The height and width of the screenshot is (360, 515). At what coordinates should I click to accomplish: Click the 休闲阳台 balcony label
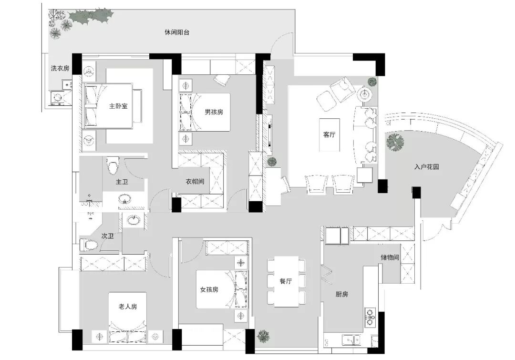tap(177, 32)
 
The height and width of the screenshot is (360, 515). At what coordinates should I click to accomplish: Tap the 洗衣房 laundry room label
tap(60, 68)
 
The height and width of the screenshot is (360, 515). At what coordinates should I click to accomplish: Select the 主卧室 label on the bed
tap(118, 106)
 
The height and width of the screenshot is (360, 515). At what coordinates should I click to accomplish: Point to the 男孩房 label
tap(214, 112)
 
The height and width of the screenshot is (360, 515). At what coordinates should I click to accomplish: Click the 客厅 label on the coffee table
tap(329, 134)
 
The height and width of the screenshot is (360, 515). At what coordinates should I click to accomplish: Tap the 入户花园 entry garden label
tap(427, 167)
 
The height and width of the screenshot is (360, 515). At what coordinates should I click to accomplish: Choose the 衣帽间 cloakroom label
tap(195, 181)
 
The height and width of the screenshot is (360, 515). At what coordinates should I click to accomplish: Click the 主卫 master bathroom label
tap(122, 182)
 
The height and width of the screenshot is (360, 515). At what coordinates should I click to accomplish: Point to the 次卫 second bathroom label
tap(107, 236)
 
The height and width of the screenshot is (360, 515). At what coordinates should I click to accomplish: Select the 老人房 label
tap(128, 307)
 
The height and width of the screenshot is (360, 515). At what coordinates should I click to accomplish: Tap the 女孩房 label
tap(209, 290)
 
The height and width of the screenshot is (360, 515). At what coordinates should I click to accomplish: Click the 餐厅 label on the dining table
tap(286, 281)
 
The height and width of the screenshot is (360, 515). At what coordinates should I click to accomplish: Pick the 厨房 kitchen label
tap(342, 294)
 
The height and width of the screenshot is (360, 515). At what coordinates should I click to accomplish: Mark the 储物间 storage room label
tap(390, 257)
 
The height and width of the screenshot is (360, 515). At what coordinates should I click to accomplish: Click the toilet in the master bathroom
tap(113, 165)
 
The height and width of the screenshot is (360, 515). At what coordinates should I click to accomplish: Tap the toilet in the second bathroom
tap(89, 245)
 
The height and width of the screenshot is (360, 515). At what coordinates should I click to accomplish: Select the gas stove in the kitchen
tap(370, 317)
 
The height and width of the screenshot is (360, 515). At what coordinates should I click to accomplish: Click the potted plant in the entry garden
tap(395, 142)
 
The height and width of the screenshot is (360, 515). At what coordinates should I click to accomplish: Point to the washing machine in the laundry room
tap(58, 98)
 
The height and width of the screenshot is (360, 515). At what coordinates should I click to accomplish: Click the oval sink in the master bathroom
tap(125, 199)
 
